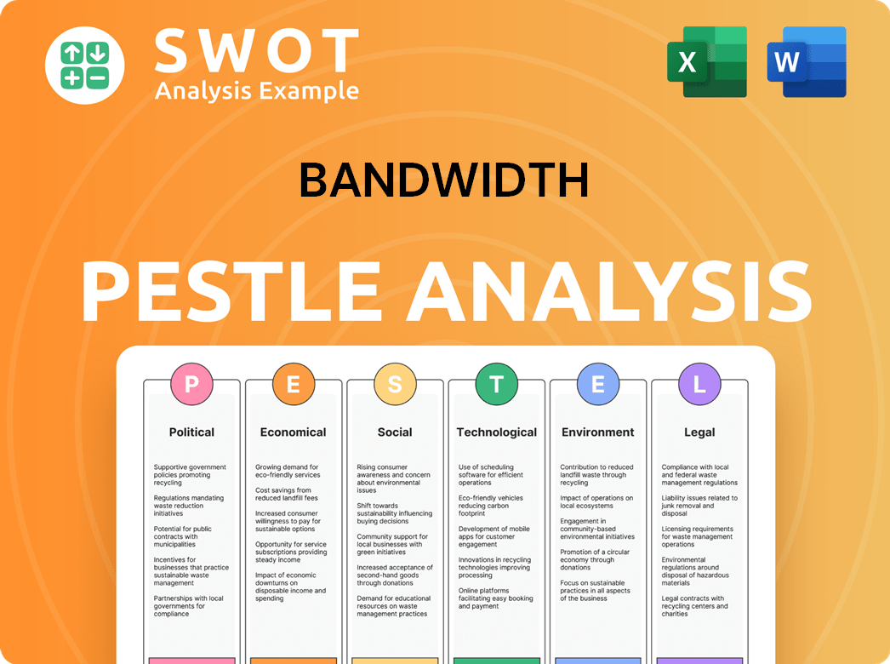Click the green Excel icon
click(x=706, y=61)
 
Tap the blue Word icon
click(x=806, y=61)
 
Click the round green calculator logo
click(x=84, y=65)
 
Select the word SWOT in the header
click(x=256, y=50)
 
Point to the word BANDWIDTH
click(x=443, y=180)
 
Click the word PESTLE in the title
click(x=231, y=289)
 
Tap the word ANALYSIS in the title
click(x=609, y=289)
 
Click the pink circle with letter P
click(x=191, y=385)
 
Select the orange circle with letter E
click(x=293, y=385)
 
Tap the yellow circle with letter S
click(x=395, y=385)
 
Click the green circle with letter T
click(x=496, y=385)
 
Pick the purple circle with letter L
click(x=699, y=385)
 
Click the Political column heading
click(x=191, y=432)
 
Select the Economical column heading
click(x=293, y=432)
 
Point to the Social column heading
click(x=395, y=432)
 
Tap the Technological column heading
click(x=497, y=432)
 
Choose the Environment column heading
click(x=598, y=432)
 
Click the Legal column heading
click(x=699, y=432)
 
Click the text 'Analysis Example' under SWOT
click(x=256, y=90)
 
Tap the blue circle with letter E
click(x=598, y=385)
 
